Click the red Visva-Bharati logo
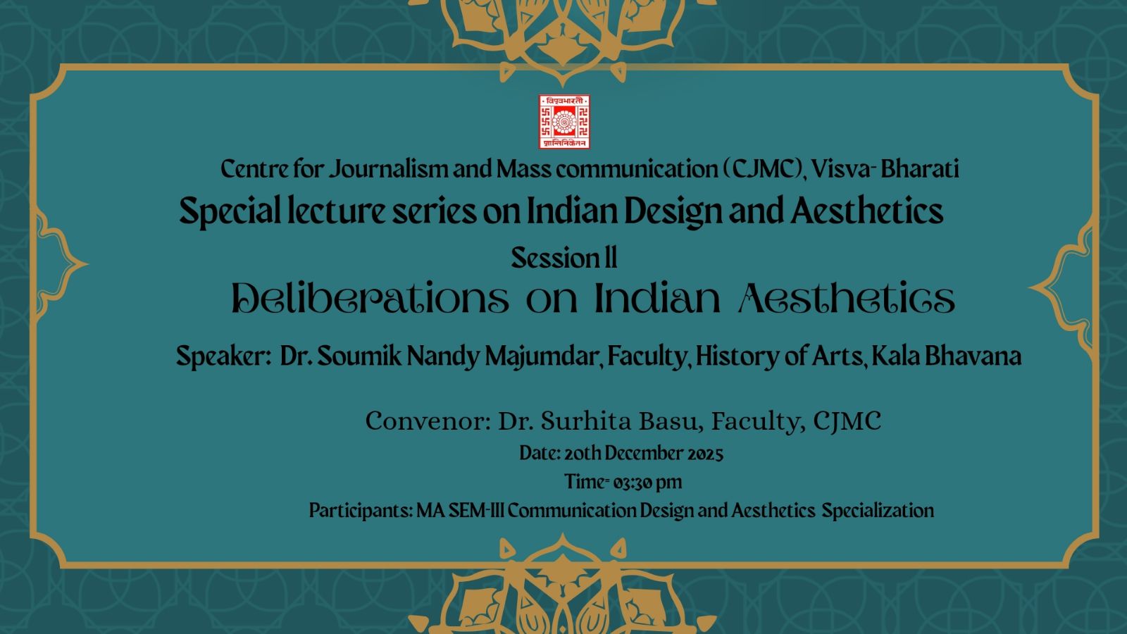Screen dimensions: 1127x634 pyautogui.click(x=564, y=122)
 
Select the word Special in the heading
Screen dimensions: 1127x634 pyautogui.click(x=230, y=211)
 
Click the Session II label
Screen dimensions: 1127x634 pyautogui.click(x=564, y=258)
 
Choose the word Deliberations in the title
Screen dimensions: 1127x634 pyautogui.click(x=371, y=299)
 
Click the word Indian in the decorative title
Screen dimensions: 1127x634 pyautogui.click(x=657, y=299)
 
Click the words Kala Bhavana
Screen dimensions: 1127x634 pyautogui.click(x=947, y=356)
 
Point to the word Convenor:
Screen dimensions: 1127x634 pyautogui.click(x=428, y=421)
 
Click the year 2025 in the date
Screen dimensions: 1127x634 pyautogui.click(x=705, y=454)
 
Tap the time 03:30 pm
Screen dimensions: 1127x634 pyautogui.click(x=648, y=483)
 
